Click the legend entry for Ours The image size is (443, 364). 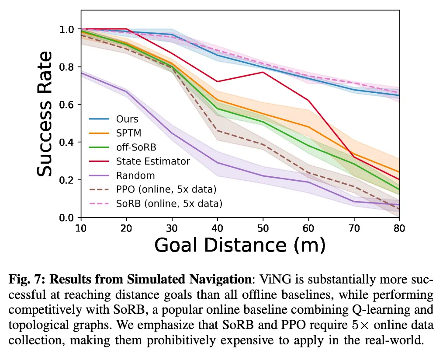pyautogui.click(x=127, y=119)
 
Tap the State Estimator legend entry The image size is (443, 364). pyautogui.click(x=153, y=161)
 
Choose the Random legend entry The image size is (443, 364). pyautogui.click(x=135, y=175)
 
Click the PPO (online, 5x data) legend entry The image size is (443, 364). pyautogui.click(x=166, y=189)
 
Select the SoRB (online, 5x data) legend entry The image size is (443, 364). pyautogui.click(x=169, y=203)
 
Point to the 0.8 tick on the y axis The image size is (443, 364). pyautogui.click(x=69, y=67)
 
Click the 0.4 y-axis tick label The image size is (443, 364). pyautogui.click(x=69, y=142)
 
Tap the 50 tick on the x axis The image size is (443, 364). pyautogui.click(x=263, y=227)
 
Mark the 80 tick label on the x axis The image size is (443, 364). pyautogui.click(x=399, y=227)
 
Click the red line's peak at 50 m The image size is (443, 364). pyautogui.click(x=263, y=72)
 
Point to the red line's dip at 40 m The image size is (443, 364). pyautogui.click(x=217, y=81)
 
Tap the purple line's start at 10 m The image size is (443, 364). pyautogui.click(x=82, y=73)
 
